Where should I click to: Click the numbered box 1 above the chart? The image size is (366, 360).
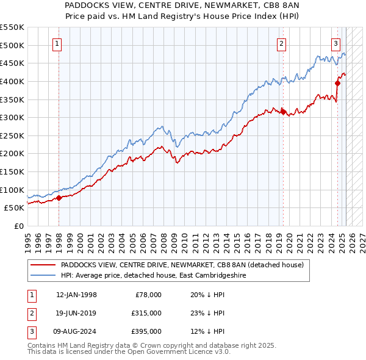pyautogui.click(x=57, y=43)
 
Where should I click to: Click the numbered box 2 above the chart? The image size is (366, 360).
pyautogui.click(x=282, y=43)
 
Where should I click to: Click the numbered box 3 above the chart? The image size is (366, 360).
pyautogui.click(x=335, y=43)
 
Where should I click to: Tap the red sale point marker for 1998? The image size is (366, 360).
pyautogui.click(x=59, y=198)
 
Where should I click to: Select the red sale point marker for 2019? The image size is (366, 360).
pyautogui.click(x=283, y=112)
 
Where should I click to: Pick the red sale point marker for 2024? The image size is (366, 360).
pyautogui.click(x=337, y=83)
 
